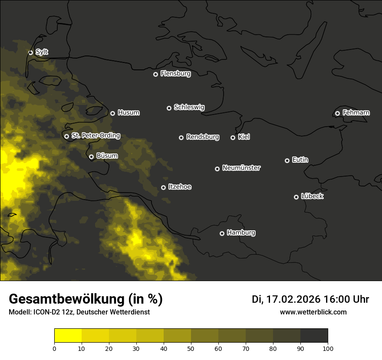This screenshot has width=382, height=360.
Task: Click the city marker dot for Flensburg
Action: pos(155,74)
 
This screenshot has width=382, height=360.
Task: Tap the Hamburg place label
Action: pos(241,233)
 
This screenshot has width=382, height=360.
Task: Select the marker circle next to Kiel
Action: pos(233,137)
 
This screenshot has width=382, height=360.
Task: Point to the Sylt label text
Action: pos(42,52)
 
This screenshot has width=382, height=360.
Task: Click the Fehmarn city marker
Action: pos(337,113)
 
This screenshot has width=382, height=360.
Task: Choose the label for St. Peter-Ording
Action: pos(95,136)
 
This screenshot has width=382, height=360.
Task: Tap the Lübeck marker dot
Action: pos(296,197)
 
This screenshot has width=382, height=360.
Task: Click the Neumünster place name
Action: pos(241,168)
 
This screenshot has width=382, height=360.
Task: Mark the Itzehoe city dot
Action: pos(163,187)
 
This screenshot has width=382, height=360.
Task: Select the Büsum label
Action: pos(107,156)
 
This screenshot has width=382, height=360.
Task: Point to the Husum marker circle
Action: pos(112,113)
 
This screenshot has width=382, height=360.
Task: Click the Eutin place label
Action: pos(300,160)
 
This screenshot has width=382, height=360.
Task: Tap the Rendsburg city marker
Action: pos(181,137)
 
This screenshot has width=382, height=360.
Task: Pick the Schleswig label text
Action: pos(189,107)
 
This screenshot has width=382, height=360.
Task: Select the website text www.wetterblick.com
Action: pos(313,312)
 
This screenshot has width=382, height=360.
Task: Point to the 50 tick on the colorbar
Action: pos(191,348)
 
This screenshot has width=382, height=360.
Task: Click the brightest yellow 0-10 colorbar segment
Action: pos(68,336)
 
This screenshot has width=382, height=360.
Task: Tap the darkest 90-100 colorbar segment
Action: pos(314,336)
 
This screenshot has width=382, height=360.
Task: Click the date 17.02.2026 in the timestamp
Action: pos(293,299)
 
